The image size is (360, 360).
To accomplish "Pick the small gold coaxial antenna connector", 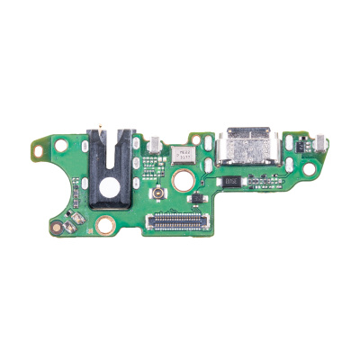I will [x=156, y=194].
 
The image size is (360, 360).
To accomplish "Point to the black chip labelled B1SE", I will [x=231, y=179].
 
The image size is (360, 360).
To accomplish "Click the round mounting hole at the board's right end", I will [x=309, y=168].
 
